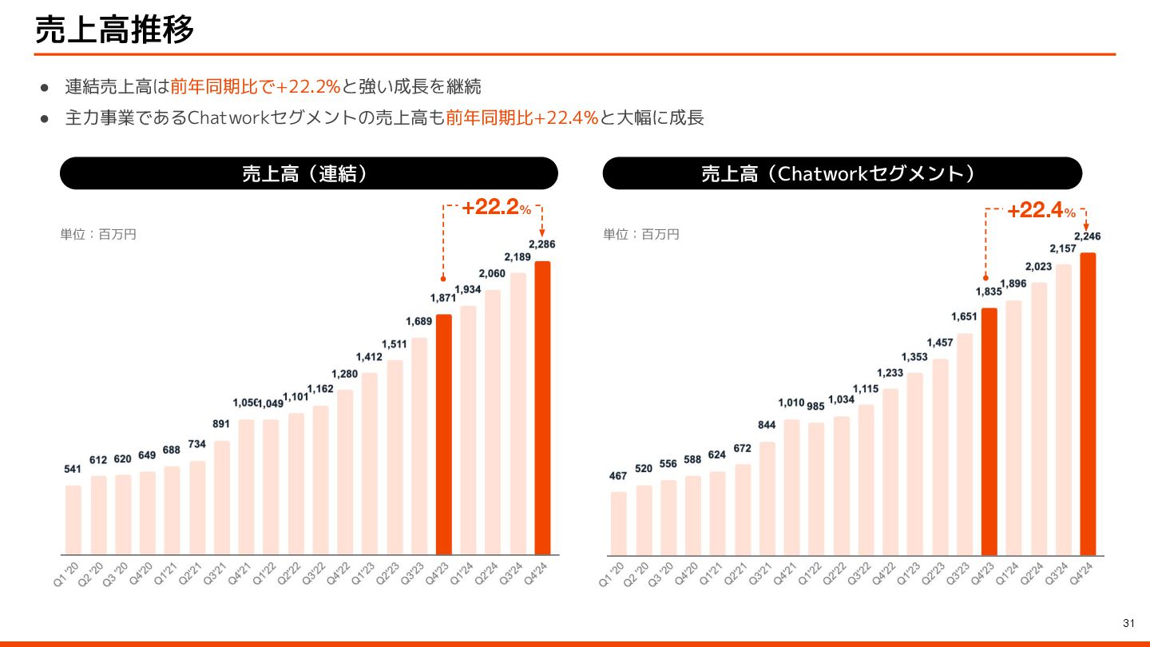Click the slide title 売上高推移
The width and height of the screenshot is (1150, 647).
(x=114, y=30)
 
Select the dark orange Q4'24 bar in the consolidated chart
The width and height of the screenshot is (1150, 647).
(x=542, y=407)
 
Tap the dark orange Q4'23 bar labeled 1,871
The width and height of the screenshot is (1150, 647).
(x=444, y=434)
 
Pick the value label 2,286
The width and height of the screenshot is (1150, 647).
(x=542, y=244)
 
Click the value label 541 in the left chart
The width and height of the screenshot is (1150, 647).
(x=73, y=470)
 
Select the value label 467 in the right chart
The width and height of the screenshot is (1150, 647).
(x=618, y=476)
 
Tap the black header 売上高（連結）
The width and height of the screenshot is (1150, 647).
(x=308, y=173)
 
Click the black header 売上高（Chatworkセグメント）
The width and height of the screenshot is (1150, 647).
(x=842, y=173)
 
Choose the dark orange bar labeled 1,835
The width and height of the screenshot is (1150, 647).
(x=989, y=431)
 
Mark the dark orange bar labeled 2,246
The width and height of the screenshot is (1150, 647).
(x=1088, y=403)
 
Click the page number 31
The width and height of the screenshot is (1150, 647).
(x=1128, y=623)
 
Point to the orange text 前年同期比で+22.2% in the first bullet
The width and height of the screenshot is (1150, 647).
(x=256, y=86)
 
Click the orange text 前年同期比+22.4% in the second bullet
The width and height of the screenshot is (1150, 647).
(x=522, y=118)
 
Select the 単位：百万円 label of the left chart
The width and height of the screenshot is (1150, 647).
(x=98, y=234)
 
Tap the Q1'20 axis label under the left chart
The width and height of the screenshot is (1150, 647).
(x=67, y=573)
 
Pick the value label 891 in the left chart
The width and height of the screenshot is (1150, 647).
(x=221, y=424)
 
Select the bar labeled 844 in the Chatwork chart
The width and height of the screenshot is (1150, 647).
(x=767, y=498)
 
